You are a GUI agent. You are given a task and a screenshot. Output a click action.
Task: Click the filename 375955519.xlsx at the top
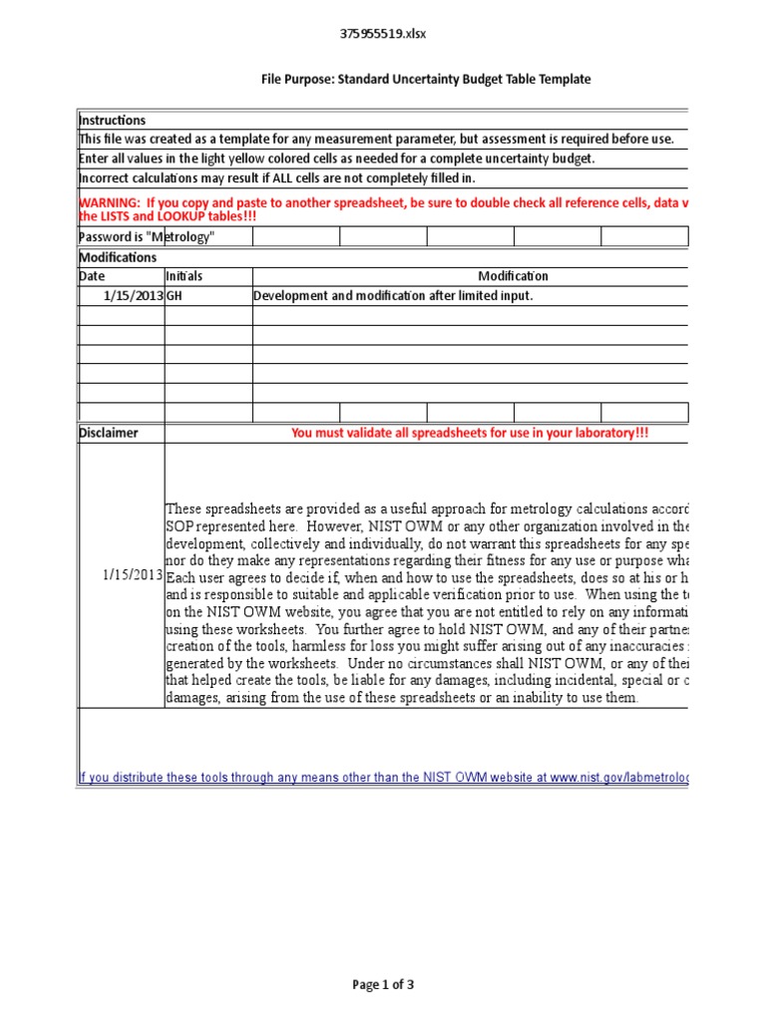(384, 34)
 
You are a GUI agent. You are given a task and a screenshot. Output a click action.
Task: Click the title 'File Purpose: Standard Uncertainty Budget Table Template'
(426, 79)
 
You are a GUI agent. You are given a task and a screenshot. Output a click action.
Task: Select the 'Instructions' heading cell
(112, 121)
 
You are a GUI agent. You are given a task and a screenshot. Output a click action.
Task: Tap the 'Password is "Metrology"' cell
(147, 236)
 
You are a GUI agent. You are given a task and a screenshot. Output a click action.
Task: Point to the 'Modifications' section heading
(117, 257)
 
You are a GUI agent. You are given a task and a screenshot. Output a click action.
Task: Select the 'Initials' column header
(184, 276)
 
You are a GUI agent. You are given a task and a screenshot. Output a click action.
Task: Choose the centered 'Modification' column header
(513, 276)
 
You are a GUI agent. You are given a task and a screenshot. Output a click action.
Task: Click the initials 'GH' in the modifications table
(175, 296)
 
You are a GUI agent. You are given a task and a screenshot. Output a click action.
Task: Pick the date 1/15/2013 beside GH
(133, 296)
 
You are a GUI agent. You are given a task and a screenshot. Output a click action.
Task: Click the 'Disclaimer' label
(109, 434)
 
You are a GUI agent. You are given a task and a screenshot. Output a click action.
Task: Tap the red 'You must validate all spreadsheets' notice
(462, 434)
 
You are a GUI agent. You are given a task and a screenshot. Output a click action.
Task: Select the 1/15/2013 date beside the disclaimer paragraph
(133, 575)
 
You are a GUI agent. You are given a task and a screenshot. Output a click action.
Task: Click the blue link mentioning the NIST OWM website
(383, 778)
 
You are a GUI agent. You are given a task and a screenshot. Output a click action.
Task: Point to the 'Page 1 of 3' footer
(383, 985)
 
